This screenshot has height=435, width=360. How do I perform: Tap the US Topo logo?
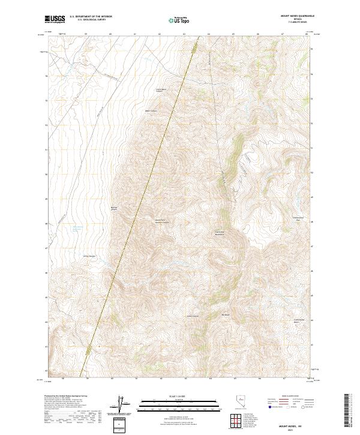point(176,20)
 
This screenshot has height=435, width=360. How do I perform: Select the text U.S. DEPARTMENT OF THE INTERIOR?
point(91,17)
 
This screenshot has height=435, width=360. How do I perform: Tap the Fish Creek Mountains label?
point(220,232)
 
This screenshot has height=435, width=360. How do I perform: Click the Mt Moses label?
point(226,314)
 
